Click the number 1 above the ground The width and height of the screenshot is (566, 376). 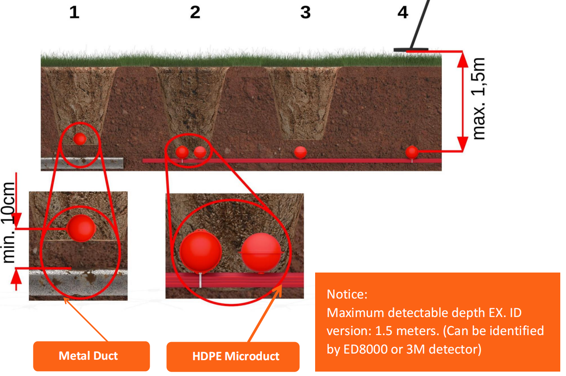tap(74, 12)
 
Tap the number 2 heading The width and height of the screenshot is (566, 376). tap(195, 12)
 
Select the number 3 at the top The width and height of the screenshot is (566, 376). tap(305, 12)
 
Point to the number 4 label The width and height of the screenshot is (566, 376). tap(403, 12)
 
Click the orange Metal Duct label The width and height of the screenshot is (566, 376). tap(88, 356)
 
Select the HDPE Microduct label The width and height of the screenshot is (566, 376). tap(236, 356)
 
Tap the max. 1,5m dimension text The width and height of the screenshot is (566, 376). tap(479, 99)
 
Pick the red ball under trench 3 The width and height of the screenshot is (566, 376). tap(301, 152)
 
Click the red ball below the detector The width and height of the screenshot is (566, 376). tap(412, 152)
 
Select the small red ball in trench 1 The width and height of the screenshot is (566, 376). tap(80, 139)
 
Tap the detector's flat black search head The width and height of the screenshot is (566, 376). tap(411, 49)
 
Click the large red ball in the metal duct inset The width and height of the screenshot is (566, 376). tap(81, 228)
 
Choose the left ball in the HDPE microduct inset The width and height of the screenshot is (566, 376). tap(200, 252)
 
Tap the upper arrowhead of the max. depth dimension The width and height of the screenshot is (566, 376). tap(463, 59)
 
